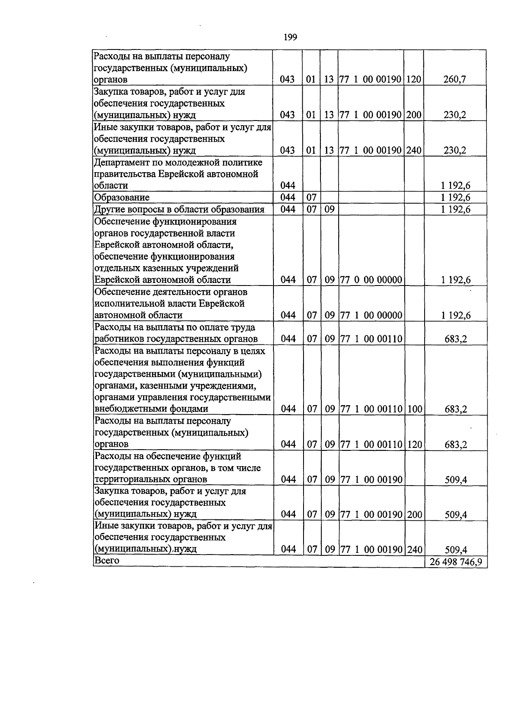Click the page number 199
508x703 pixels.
click(x=290, y=38)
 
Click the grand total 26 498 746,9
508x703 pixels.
click(x=456, y=562)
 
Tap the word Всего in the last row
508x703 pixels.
click(x=107, y=561)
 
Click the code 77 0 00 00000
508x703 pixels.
click(x=371, y=280)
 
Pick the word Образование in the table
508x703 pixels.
click(x=122, y=198)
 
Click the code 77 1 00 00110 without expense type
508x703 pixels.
click(x=371, y=339)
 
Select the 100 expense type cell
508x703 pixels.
click(x=414, y=409)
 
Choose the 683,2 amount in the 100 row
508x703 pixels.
click(x=456, y=409)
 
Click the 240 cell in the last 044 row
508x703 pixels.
click(x=414, y=549)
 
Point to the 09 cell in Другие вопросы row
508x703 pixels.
click(x=329, y=209)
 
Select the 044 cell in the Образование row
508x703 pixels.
click(x=288, y=198)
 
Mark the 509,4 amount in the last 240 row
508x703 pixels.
click(x=456, y=550)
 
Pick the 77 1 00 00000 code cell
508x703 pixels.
click(x=371, y=315)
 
